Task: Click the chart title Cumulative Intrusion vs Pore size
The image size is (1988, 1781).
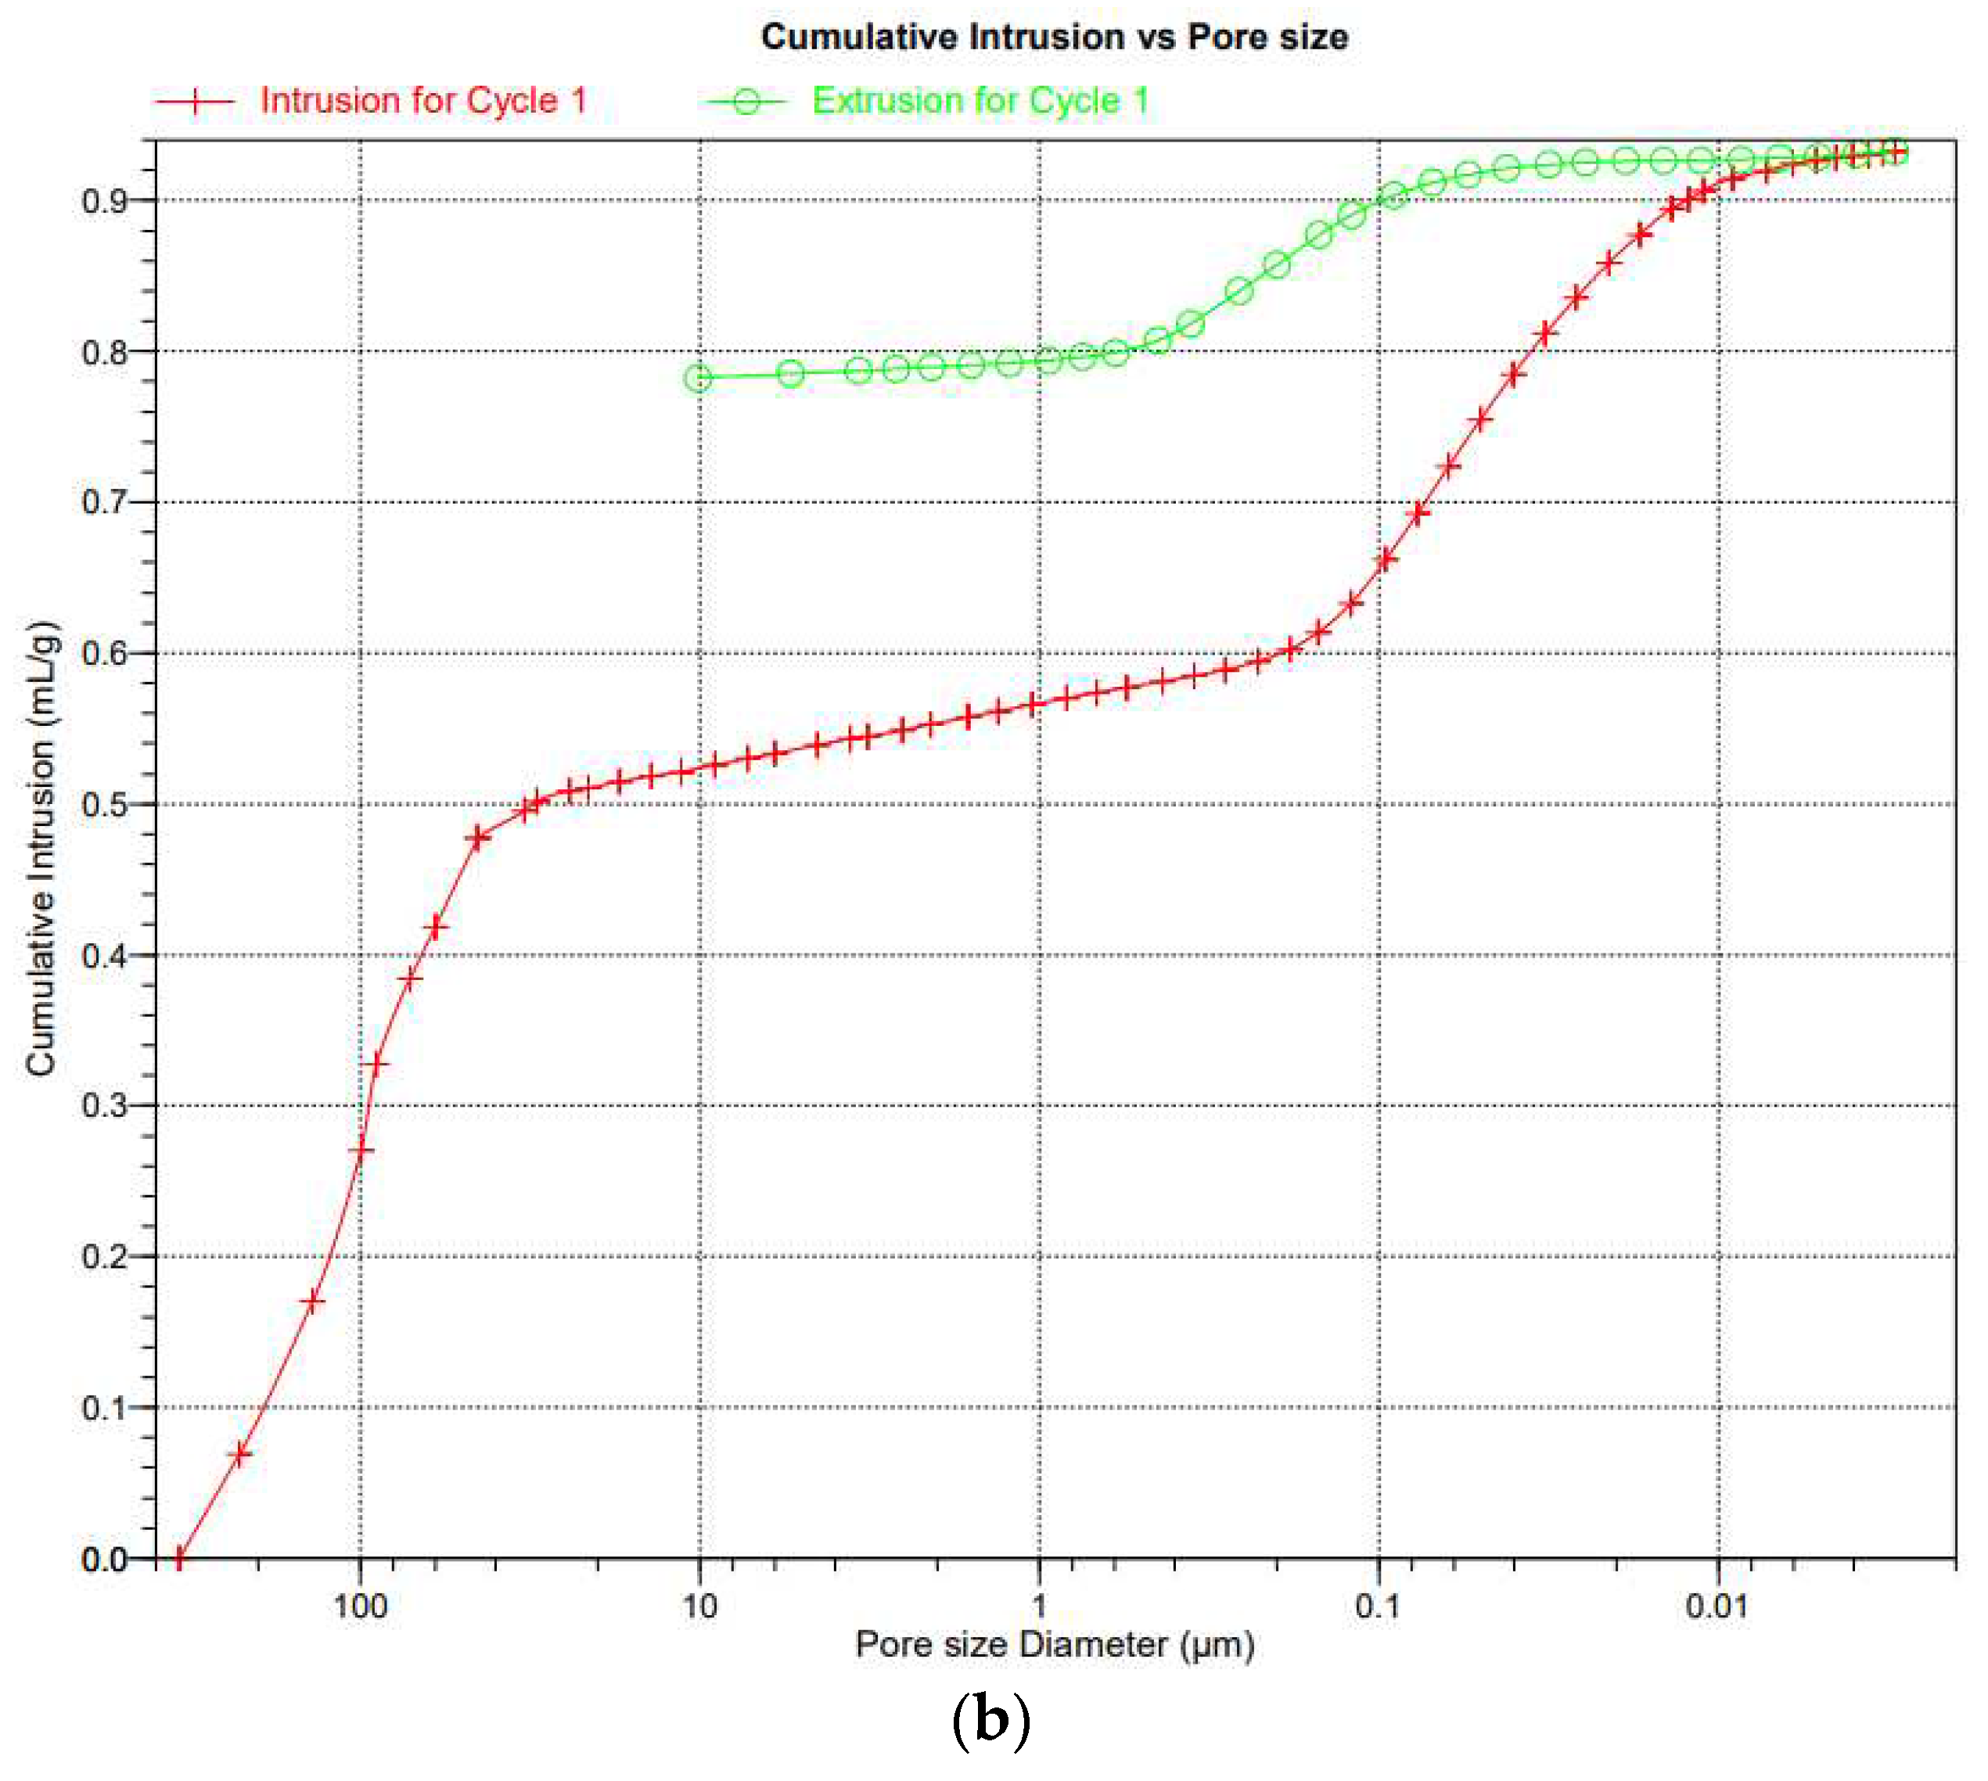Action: (1054, 38)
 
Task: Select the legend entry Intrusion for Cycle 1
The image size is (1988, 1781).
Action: (422, 101)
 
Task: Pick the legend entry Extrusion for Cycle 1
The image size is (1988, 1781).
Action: (980, 101)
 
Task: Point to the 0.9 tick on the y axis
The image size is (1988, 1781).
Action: (105, 202)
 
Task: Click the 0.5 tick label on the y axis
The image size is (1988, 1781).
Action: (105, 806)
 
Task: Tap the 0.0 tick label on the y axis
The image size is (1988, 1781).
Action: (105, 1559)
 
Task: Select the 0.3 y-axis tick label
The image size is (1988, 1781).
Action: (105, 1107)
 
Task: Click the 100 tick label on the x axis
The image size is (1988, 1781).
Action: (360, 1607)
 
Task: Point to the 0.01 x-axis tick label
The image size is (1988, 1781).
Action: (1717, 1607)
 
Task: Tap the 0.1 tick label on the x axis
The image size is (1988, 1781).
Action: (1379, 1607)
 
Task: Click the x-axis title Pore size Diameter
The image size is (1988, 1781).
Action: (1054, 1645)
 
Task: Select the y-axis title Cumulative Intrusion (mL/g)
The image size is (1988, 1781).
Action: (41, 849)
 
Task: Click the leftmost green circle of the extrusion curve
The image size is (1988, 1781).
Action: (698, 378)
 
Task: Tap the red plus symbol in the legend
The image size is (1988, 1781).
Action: (195, 101)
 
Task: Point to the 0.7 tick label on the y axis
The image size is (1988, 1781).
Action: (105, 503)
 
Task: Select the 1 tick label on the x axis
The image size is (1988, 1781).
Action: (1040, 1607)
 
